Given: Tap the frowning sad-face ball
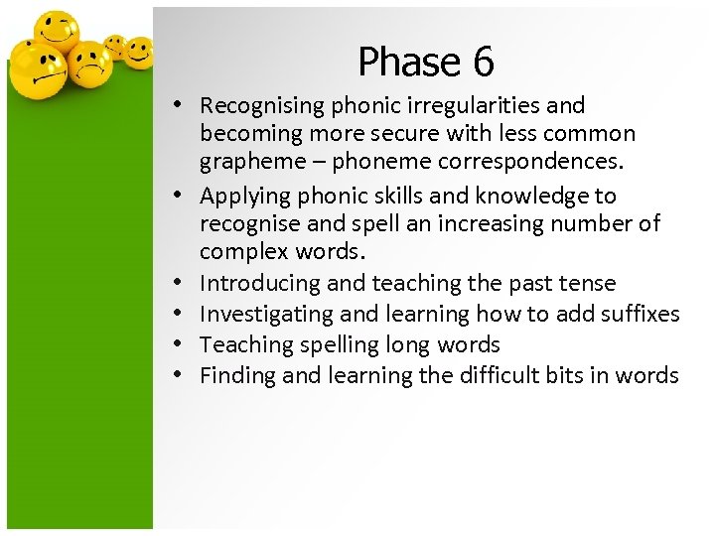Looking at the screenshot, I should tap(90, 63).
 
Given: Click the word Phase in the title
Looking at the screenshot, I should tap(401, 63).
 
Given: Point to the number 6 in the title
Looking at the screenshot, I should tap(483, 63).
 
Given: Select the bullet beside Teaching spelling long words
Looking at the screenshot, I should tap(175, 345).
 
